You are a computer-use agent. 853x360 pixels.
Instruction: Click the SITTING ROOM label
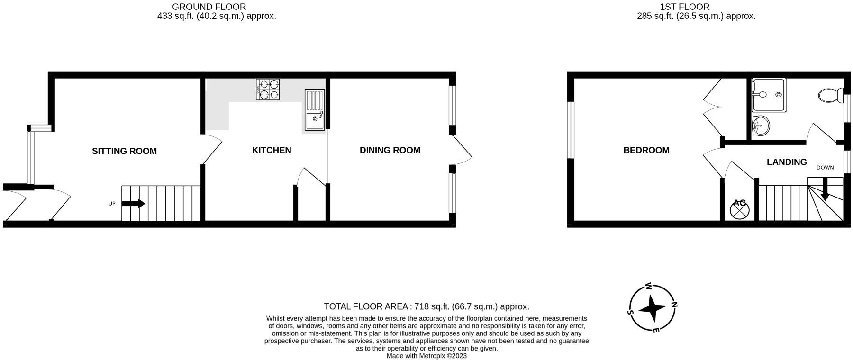[x=124, y=151]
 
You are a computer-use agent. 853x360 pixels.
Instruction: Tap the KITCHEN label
[x=272, y=150]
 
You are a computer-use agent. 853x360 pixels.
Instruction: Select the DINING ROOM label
[x=390, y=150]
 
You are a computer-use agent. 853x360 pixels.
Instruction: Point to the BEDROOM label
[x=646, y=150]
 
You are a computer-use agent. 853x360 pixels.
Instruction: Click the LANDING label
[x=787, y=162]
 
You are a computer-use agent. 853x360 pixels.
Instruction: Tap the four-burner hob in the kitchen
[x=268, y=89]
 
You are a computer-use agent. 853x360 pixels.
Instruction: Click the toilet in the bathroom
[x=830, y=95]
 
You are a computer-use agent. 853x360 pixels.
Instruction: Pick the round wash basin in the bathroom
[x=761, y=126]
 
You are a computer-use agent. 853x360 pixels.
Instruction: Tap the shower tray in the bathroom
[x=769, y=95]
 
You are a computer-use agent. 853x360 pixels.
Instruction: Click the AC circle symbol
[x=739, y=209]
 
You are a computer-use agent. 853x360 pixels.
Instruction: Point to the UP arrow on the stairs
[x=134, y=204]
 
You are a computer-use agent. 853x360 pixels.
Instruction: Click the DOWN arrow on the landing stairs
[x=825, y=189]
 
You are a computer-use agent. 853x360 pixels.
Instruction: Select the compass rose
[x=653, y=308]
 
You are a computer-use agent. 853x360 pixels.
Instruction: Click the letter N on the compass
[x=674, y=305]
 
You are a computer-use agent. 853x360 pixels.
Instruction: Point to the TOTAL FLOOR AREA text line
[x=426, y=306]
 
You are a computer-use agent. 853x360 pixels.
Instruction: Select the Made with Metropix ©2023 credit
[x=426, y=356]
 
